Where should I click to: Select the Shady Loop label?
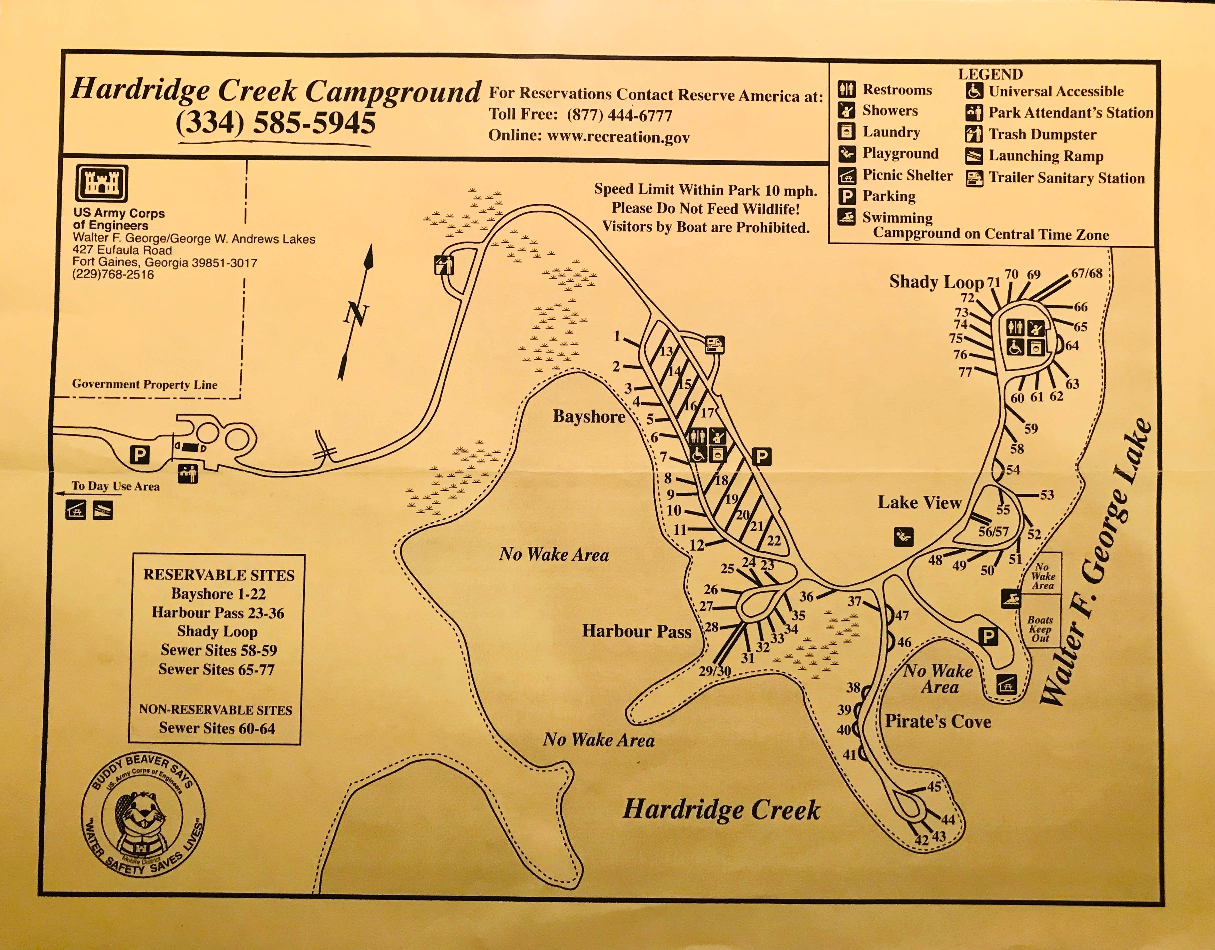(936, 282)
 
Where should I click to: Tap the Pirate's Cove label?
(938, 722)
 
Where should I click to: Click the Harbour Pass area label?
(636, 631)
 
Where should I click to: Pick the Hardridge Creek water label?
(721, 810)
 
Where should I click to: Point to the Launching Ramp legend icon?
(973, 156)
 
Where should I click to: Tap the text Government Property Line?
(145, 385)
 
